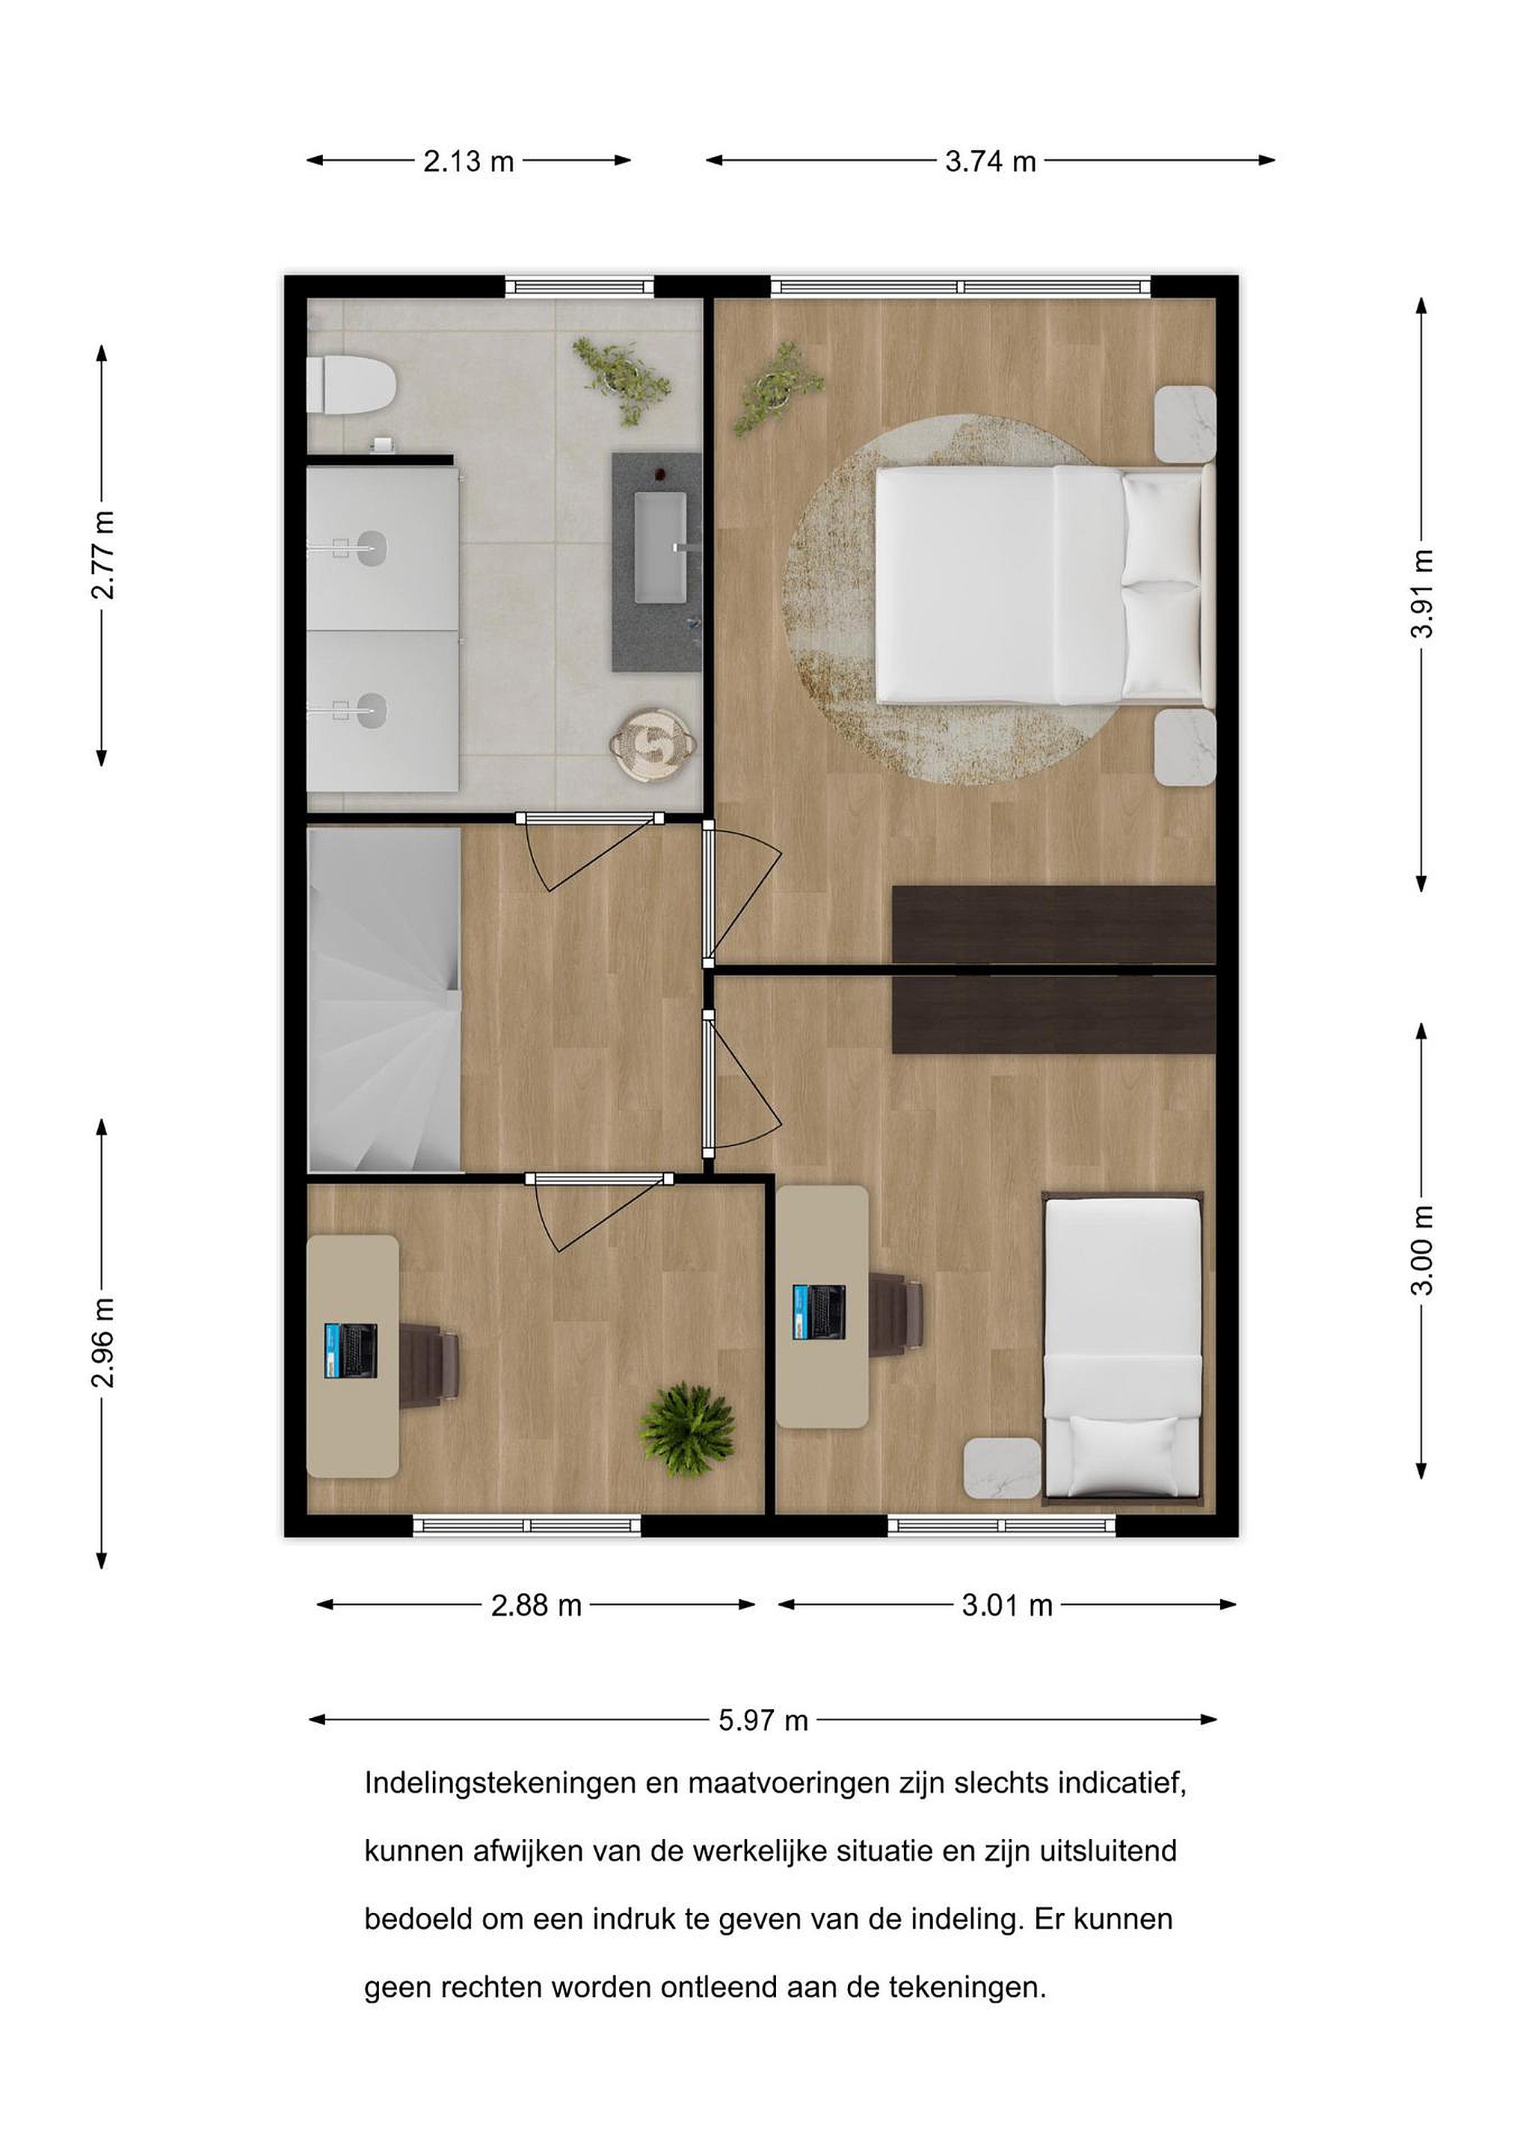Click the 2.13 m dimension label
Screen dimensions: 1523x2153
[x=468, y=162]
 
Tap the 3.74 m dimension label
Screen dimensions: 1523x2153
[x=991, y=162]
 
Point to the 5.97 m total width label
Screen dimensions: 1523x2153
[x=763, y=1721]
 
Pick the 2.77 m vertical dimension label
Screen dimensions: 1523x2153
[x=102, y=555]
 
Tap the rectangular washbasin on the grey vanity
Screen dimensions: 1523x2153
[x=661, y=548]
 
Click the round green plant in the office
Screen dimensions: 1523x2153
[x=686, y=1431]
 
